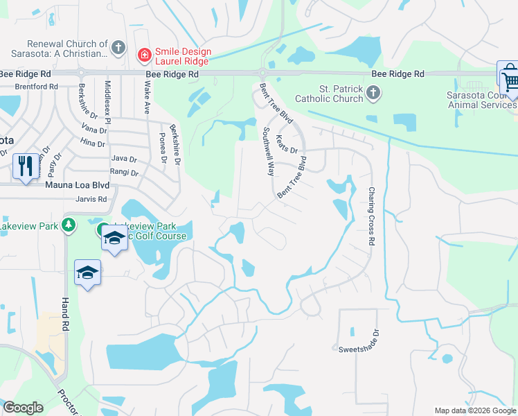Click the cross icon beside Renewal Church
coord(118,48)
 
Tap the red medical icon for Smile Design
coord(144,54)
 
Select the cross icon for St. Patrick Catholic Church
coord(373,92)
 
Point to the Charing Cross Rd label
coord(371,216)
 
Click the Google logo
coord(23,408)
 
